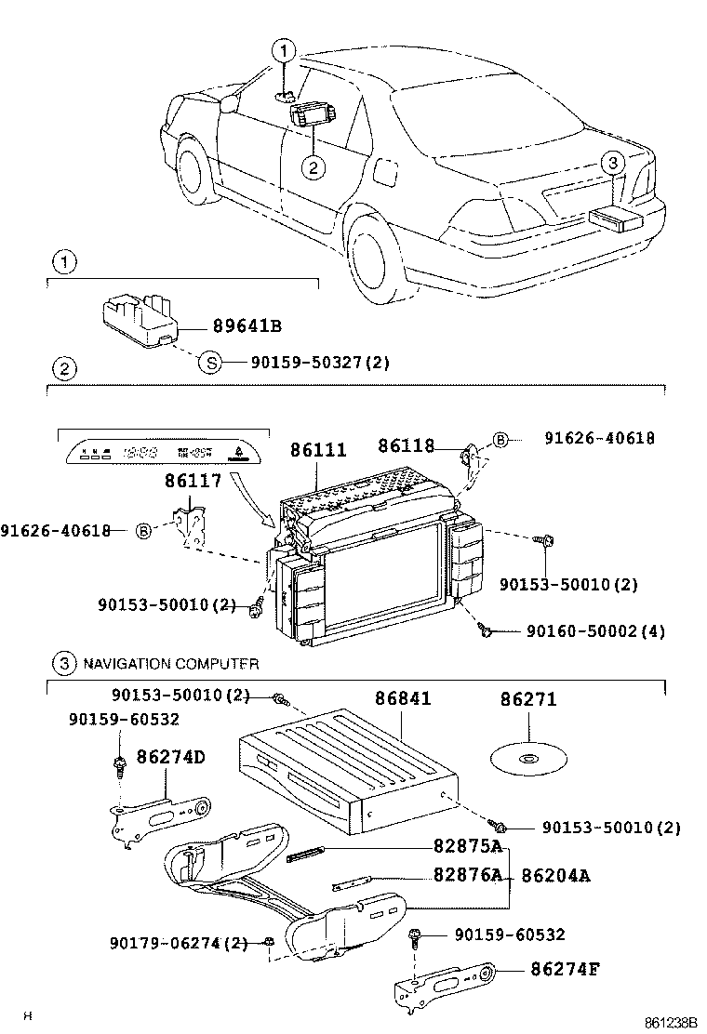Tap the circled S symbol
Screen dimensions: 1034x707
pos(210,363)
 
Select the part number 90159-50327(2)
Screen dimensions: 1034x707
pos(319,363)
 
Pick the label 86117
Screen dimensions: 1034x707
pos(193,481)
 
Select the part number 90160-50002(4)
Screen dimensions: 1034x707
pos(595,631)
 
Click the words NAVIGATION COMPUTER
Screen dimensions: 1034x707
pos(170,664)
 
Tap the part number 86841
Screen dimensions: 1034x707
pos(403,698)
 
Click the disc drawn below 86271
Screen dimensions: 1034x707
pos(527,759)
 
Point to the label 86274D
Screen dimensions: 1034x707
pos(171,758)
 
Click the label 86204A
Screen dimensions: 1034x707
pos(556,875)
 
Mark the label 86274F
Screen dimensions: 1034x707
pos(565,970)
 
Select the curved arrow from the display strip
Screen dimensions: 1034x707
pos(255,502)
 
